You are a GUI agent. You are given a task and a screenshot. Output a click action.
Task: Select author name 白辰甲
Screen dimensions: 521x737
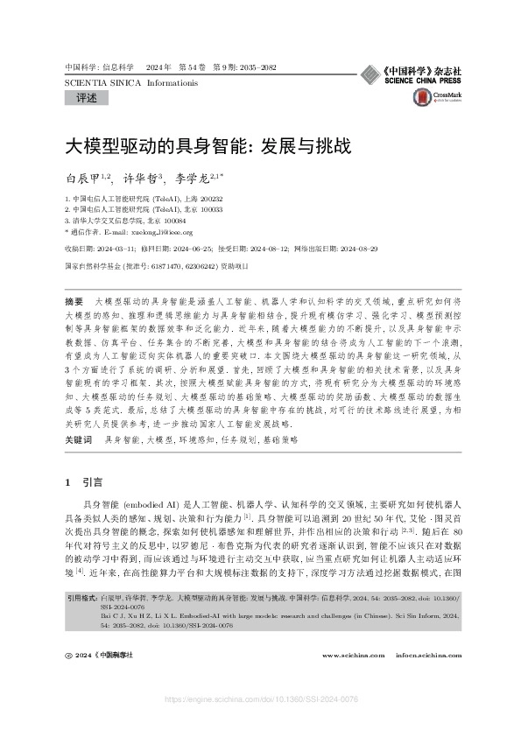point(83,178)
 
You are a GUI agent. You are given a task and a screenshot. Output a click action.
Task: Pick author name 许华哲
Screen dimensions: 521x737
point(142,178)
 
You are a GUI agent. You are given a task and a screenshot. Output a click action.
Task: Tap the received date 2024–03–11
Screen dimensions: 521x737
point(129,249)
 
